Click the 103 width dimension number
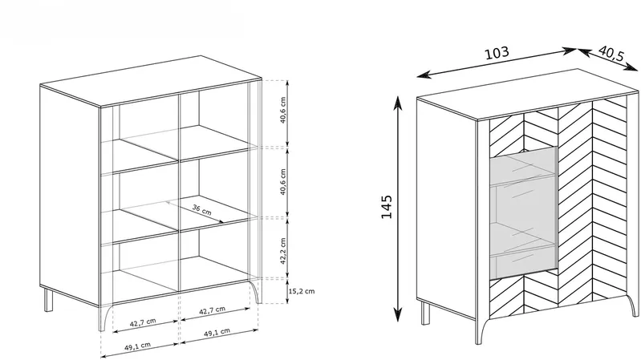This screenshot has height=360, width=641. (497, 53)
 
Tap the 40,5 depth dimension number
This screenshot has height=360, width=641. (611, 54)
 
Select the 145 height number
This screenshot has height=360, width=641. (387, 207)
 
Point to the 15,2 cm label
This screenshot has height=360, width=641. (302, 291)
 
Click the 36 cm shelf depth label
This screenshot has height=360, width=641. (202, 210)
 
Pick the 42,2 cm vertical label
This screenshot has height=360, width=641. (283, 251)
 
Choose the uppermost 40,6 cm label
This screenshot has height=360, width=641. (283, 111)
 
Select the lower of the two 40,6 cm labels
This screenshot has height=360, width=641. (283, 182)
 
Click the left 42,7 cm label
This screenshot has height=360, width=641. (143, 322)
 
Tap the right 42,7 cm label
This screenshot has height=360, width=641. (212, 311)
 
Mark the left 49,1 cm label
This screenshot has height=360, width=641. (137, 346)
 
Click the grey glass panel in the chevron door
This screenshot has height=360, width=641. (524, 213)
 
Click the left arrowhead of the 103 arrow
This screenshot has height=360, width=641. (422, 75)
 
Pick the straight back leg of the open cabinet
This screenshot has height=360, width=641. (49, 301)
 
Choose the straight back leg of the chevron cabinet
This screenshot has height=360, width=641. (425, 313)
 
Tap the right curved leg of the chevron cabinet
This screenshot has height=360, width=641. (632, 305)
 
